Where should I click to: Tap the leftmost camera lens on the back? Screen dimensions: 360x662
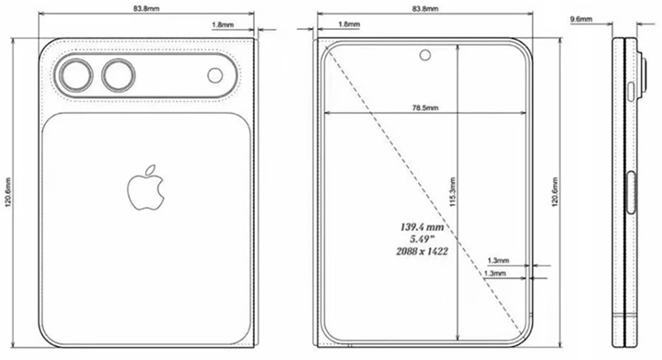pyautogui.click(x=77, y=76)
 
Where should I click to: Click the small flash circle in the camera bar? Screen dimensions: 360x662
pyautogui.click(x=215, y=76)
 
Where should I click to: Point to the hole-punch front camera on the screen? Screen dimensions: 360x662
pyautogui.click(x=425, y=55)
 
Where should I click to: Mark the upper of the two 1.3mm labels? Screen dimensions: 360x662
pyautogui.click(x=498, y=259)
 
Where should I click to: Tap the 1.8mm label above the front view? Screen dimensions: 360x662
pyautogui.click(x=348, y=25)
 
